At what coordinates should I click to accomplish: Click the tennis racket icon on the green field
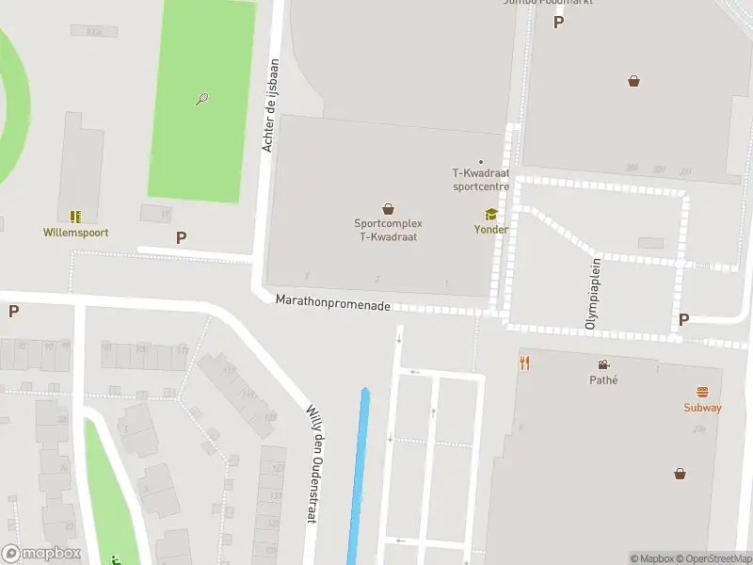pyautogui.click(x=201, y=99)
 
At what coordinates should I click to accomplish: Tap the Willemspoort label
pyautogui.click(x=75, y=232)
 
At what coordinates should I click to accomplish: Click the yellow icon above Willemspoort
pyautogui.click(x=75, y=217)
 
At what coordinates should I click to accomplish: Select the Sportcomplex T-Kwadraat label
pyautogui.click(x=388, y=230)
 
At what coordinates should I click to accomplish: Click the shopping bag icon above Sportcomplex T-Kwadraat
pyautogui.click(x=388, y=209)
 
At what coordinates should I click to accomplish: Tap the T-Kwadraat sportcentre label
pyautogui.click(x=481, y=180)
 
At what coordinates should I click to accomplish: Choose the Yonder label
pyautogui.click(x=490, y=230)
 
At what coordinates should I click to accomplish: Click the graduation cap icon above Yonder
pyautogui.click(x=490, y=215)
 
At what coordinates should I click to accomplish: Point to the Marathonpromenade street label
pyautogui.click(x=333, y=301)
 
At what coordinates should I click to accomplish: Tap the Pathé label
pyautogui.click(x=602, y=380)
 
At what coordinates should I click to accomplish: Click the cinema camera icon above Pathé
pyautogui.click(x=602, y=364)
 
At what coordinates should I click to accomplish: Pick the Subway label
pyautogui.click(x=702, y=408)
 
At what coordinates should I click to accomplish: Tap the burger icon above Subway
pyautogui.click(x=702, y=392)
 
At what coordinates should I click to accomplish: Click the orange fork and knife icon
pyautogui.click(x=525, y=363)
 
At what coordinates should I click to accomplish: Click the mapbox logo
pyautogui.click(x=41, y=554)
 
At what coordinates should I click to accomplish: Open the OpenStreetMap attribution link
pyautogui.click(x=712, y=558)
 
